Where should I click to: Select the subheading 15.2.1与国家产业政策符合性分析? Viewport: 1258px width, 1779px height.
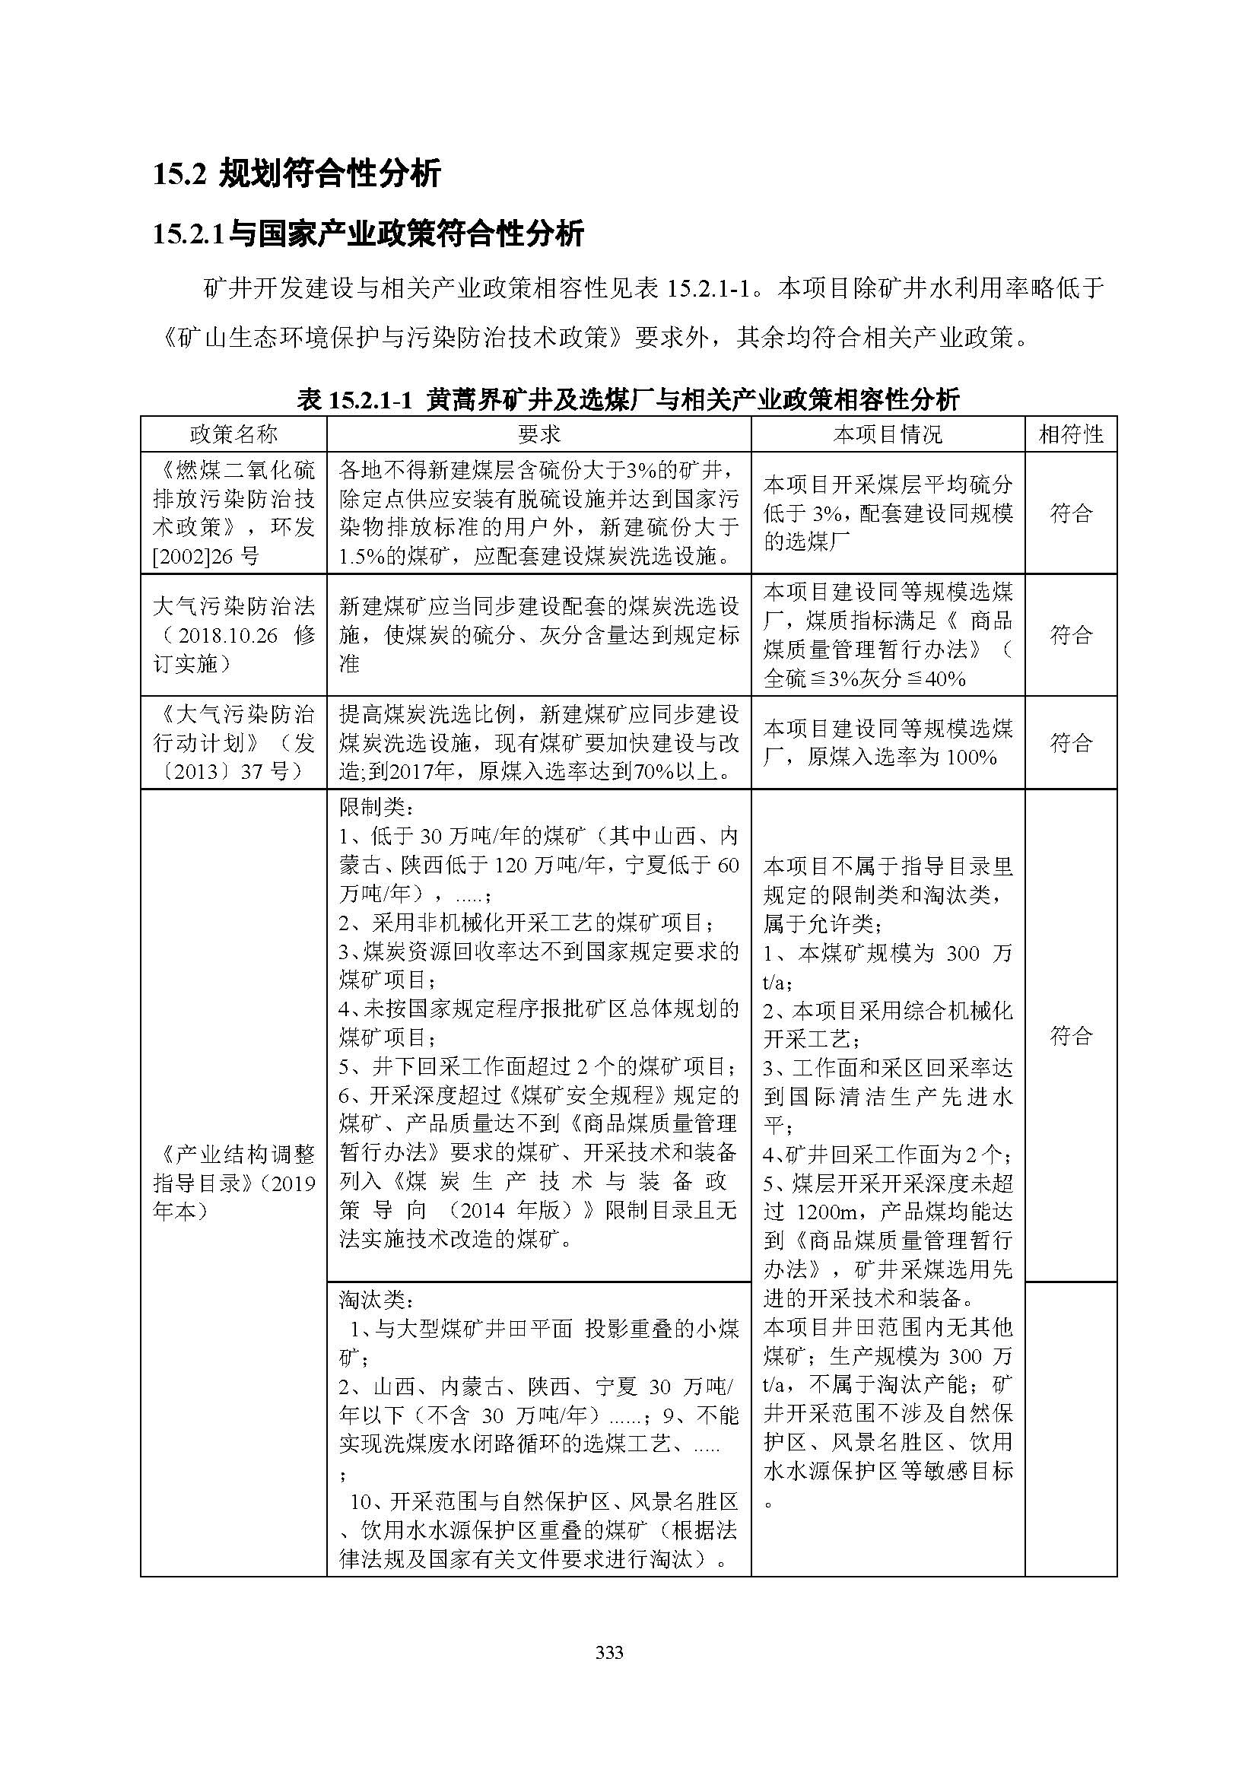(368, 233)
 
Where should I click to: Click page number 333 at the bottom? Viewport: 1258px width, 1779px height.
(610, 1652)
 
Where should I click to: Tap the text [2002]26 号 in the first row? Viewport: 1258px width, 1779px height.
(206, 556)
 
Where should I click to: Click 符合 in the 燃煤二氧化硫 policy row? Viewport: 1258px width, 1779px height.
(1071, 513)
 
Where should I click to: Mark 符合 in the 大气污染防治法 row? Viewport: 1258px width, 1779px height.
(1071, 635)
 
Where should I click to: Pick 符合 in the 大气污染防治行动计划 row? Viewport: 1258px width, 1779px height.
(1071, 743)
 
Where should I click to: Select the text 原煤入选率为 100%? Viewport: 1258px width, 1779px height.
(902, 757)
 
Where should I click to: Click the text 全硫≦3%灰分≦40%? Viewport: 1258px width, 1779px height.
(865, 678)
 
